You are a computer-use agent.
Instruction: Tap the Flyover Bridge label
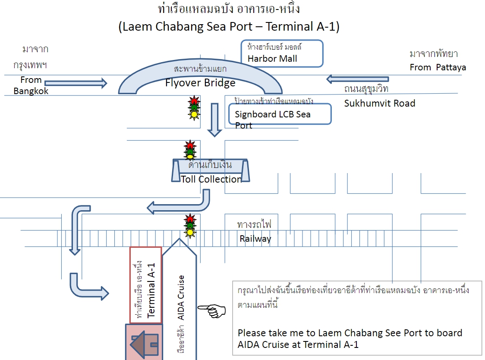[200, 83]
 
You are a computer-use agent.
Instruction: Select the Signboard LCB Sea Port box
[280, 114]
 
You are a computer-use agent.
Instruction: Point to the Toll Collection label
[211, 179]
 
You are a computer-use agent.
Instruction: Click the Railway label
[255, 239]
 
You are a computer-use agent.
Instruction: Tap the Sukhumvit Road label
[379, 103]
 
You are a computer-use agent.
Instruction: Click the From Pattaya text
[438, 67]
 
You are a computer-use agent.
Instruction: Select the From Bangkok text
[31, 85]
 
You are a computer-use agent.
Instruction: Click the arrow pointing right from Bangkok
[76, 83]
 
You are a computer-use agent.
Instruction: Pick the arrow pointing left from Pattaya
[357, 79]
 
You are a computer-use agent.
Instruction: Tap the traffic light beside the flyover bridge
[194, 107]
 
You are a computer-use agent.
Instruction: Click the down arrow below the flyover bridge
[214, 120]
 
